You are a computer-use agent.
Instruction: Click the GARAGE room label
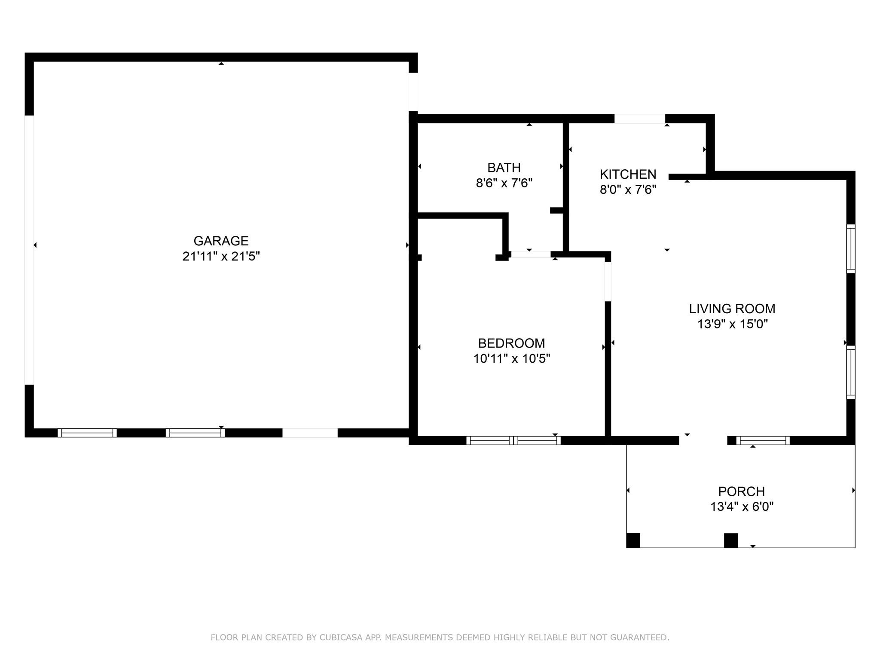click(221, 241)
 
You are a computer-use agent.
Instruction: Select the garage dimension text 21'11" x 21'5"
click(221, 257)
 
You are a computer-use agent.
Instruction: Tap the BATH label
click(504, 168)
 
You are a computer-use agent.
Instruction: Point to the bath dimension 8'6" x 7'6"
click(504, 183)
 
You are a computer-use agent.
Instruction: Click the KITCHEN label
click(628, 174)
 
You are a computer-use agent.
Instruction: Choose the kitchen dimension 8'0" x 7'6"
click(628, 189)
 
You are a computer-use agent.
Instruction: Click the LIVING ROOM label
click(732, 309)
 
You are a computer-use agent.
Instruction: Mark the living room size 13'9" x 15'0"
click(732, 324)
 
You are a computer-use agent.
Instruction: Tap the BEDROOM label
click(511, 343)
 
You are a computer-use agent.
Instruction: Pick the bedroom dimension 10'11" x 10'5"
click(511, 358)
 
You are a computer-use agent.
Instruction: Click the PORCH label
click(741, 491)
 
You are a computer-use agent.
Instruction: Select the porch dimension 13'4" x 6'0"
click(741, 507)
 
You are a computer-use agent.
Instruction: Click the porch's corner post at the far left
click(633, 540)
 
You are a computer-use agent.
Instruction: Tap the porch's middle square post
click(730, 540)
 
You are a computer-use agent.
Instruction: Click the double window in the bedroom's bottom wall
click(513, 440)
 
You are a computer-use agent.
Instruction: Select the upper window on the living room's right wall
click(850, 248)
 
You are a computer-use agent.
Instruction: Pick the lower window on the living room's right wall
click(850, 372)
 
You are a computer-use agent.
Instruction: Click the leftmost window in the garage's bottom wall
click(87, 433)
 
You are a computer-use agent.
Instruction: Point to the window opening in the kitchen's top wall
click(639, 119)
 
